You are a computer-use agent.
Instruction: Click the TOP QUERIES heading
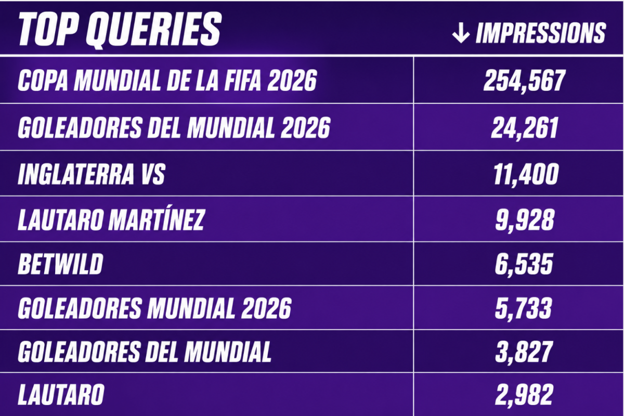click(120, 29)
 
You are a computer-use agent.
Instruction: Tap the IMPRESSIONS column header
click(540, 33)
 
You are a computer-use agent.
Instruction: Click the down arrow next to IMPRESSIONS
click(461, 33)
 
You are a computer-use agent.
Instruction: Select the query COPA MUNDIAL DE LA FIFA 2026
click(167, 80)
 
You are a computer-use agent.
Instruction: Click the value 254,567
click(525, 81)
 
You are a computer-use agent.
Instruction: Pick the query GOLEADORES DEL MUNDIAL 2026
click(174, 127)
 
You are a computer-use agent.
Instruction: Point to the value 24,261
click(525, 128)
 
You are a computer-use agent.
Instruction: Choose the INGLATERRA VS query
click(92, 174)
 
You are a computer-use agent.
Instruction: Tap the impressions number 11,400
click(526, 174)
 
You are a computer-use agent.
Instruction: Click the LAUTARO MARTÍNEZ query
click(111, 219)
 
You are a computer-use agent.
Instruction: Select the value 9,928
click(525, 220)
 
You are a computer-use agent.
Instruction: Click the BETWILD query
click(60, 264)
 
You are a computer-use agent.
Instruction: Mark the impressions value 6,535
click(524, 265)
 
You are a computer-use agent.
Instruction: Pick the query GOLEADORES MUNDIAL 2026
click(154, 308)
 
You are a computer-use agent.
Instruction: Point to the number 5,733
click(523, 308)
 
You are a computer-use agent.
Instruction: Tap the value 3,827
click(524, 352)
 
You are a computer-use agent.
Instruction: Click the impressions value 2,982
click(524, 395)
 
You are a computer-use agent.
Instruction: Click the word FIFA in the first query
click(243, 80)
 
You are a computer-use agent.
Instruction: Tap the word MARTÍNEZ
click(157, 219)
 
